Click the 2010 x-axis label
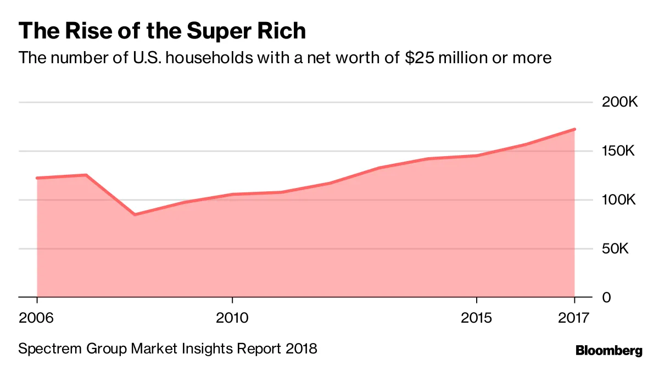232,318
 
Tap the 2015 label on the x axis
477,318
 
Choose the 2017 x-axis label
573,318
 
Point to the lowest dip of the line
135,214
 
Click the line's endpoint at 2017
574,129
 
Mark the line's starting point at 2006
37,178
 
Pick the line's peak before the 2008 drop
86,175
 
